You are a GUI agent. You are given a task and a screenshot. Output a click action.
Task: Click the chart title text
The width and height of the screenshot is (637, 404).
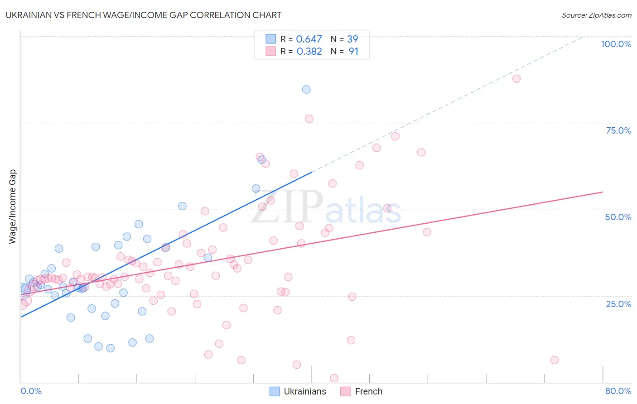[x=143, y=15]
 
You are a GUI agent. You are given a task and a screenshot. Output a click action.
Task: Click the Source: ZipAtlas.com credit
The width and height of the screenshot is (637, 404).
[x=596, y=15]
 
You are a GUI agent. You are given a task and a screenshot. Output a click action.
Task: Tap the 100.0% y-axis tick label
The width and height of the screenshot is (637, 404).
[x=616, y=44]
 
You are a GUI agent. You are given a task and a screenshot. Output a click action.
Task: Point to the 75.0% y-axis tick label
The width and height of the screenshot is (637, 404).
[x=618, y=130]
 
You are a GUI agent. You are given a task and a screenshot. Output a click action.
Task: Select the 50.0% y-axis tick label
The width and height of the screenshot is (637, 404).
[x=618, y=217]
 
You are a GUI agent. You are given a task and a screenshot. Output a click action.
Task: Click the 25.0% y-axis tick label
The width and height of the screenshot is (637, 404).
[x=618, y=303]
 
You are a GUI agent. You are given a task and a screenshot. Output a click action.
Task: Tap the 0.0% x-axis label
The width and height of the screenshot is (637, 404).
[x=31, y=391]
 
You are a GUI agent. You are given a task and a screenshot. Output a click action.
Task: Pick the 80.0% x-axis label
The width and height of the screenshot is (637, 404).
[x=618, y=391]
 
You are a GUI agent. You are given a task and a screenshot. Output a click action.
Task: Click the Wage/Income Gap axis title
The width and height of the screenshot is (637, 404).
[x=13, y=207]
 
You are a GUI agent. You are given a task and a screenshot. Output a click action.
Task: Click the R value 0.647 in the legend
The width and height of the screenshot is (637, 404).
[x=309, y=39]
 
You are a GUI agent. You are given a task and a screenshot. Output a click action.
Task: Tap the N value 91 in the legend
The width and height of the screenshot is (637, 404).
[x=353, y=51]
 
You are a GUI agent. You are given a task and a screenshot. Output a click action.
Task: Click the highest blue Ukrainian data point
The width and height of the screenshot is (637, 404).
[x=306, y=89]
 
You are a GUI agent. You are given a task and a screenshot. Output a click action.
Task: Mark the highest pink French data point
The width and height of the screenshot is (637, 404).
[x=516, y=78]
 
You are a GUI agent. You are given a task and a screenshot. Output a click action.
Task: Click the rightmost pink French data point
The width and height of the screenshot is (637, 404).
[x=554, y=360]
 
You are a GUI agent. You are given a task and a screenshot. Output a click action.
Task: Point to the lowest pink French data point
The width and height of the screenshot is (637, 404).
[x=334, y=378]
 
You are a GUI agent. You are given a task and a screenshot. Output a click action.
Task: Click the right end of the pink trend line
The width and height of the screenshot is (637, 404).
[x=603, y=192]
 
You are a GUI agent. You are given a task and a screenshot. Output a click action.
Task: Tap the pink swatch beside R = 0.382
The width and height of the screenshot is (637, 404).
[x=270, y=51]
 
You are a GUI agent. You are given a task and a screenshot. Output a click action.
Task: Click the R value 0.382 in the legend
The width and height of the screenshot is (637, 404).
[x=309, y=51]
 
